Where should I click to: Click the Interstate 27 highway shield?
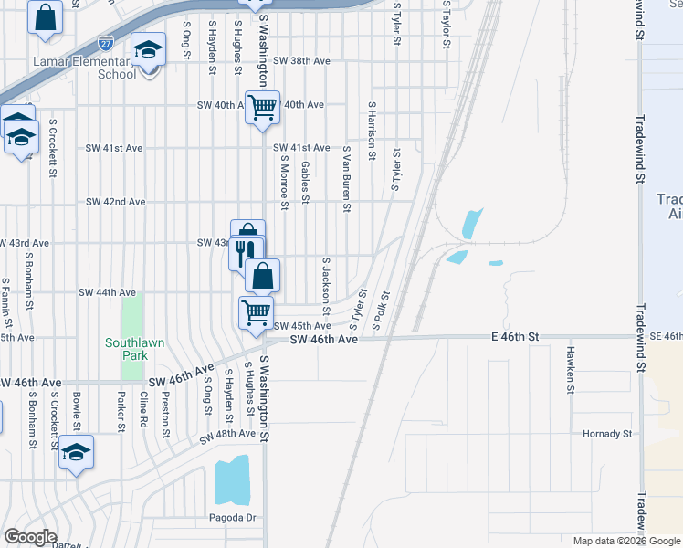(x=107, y=42)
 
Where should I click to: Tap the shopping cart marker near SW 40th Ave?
(x=262, y=107)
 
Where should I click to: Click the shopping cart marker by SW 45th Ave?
(x=256, y=312)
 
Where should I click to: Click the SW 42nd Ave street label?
(x=115, y=202)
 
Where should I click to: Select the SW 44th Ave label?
(x=107, y=292)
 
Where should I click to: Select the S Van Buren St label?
(x=347, y=179)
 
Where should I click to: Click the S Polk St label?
(x=381, y=311)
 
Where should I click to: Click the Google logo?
(x=30, y=537)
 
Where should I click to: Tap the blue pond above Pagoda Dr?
(x=231, y=481)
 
